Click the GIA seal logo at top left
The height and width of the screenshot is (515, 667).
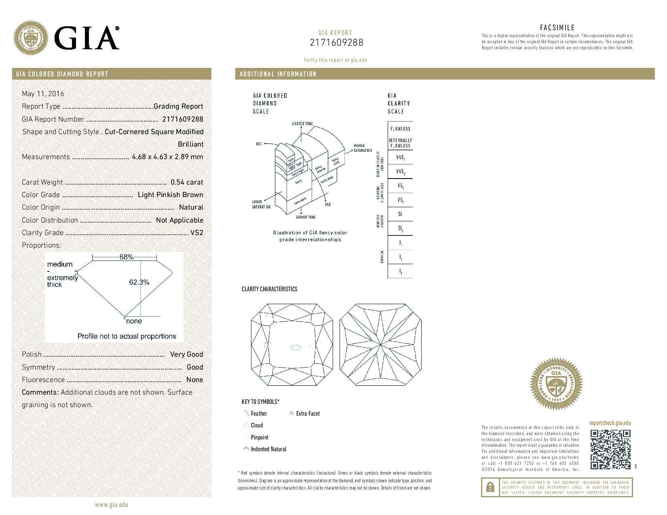(31, 38)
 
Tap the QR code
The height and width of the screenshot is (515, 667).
(610, 450)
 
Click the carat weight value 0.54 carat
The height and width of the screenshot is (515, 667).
(187, 182)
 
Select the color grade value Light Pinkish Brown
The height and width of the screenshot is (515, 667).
(170, 195)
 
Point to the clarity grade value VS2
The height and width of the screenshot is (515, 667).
(196, 233)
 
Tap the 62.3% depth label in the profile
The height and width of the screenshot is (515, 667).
(139, 282)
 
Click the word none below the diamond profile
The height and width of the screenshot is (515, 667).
(134, 321)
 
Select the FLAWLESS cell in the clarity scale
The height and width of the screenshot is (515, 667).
(400, 129)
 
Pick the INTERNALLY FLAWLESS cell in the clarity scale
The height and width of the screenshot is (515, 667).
(400, 143)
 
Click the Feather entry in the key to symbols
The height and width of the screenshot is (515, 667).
(259, 414)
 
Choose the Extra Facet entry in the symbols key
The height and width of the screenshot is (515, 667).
(308, 414)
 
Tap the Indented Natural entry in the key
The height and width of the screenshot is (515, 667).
(268, 449)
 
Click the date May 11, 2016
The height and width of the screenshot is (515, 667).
(43, 94)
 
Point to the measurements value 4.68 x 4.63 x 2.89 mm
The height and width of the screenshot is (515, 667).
(167, 157)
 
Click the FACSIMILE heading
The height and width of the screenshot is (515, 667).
(557, 28)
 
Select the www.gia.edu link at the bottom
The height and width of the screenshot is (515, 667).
(112, 504)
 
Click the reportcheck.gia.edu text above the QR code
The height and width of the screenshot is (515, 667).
(610, 423)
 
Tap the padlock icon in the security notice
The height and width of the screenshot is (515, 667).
(490, 488)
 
